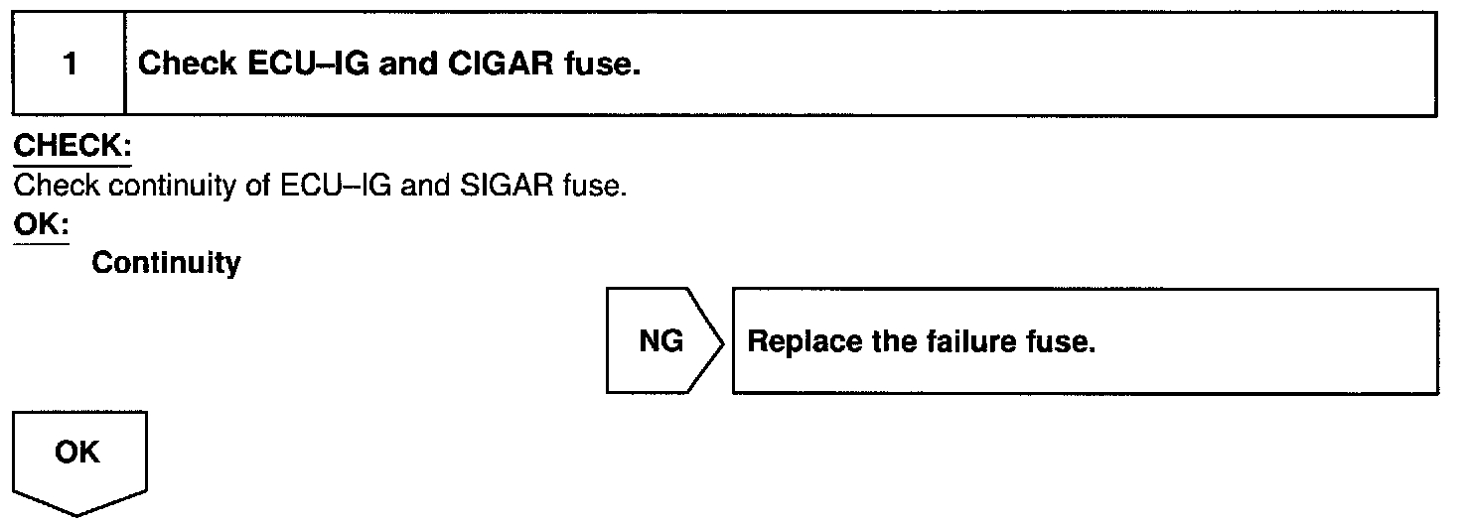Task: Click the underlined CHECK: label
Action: click(x=72, y=146)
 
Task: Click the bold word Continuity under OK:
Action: click(x=166, y=264)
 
